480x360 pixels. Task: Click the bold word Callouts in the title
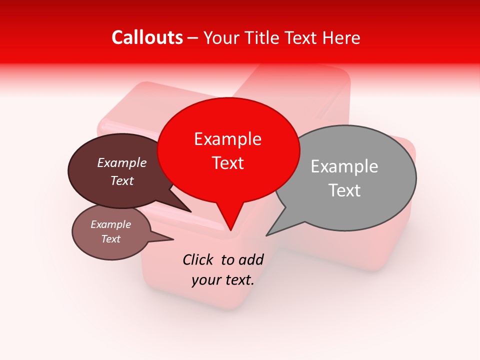pyautogui.click(x=147, y=37)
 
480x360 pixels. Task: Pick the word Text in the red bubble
pyautogui.click(x=227, y=163)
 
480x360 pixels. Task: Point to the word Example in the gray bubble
pyautogui.click(x=344, y=166)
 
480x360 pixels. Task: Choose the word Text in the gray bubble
pyautogui.click(x=344, y=190)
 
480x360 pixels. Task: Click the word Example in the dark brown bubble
pyautogui.click(x=121, y=162)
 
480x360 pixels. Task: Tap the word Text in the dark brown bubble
pyautogui.click(x=121, y=180)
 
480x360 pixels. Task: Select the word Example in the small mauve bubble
pyautogui.click(x=110, y=224)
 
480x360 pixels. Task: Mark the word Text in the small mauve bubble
pyautogui.click(x=110, y=239)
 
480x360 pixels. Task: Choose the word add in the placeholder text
pyautogui.click(x=251, y=259)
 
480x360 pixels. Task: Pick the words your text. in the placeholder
pyautogui.click(x=223, y=280)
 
